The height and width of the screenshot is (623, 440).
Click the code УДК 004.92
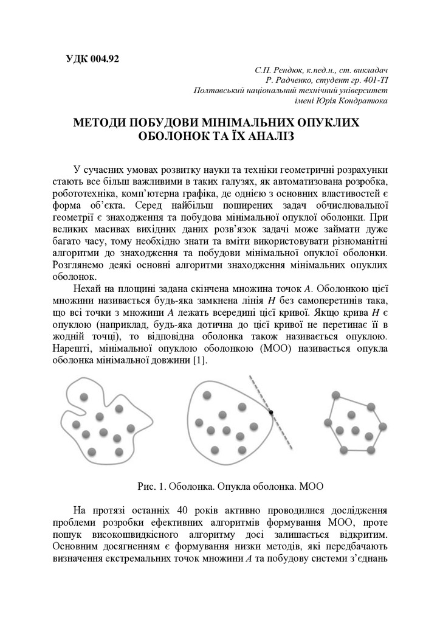pyautogui.click(x=92, y=59)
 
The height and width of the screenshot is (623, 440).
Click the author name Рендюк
pyautogui.click(x=283, y=70)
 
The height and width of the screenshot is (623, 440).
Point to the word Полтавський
pyautogui.click(x=220, y=90)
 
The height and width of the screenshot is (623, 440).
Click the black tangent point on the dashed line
pyautogui.click(x=271, y=412)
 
